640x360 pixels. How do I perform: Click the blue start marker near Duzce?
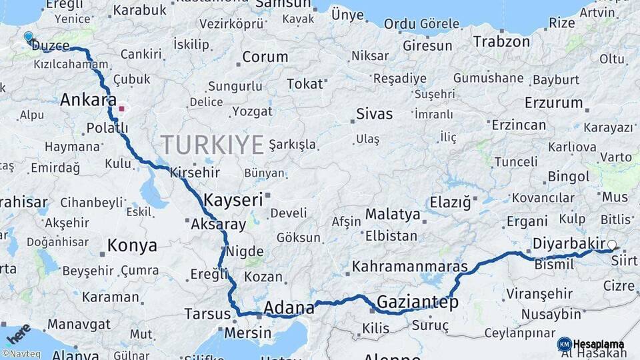(28, 37)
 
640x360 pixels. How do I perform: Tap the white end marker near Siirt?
(612, 245)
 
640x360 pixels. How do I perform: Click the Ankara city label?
(84, 100)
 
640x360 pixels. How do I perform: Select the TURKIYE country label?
(212, 144)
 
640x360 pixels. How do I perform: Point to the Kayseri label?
(233, 200)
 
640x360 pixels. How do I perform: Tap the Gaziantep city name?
(417, 303)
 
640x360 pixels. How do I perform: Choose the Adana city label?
(289, 308)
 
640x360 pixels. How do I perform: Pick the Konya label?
(132, 245)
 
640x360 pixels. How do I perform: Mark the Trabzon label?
(501, 41)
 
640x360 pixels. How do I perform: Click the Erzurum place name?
(553, 103)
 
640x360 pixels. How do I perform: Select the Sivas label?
(375, 113)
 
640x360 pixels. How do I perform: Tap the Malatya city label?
(393, 215)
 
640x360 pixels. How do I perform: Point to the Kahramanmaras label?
(409, 266)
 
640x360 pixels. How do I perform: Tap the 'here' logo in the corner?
(18, 333)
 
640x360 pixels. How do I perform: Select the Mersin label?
(248, 333)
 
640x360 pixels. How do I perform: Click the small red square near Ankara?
(121, 108)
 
